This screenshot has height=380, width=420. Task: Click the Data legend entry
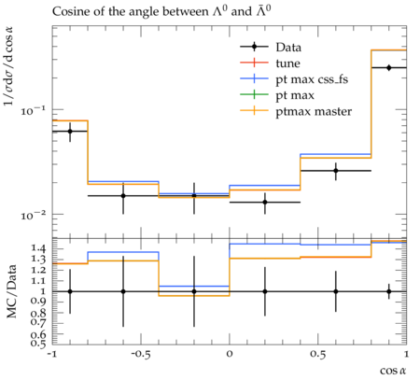pyautogui.click(x=271, y=47)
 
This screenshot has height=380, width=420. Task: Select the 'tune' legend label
pyautogui.click(x=287, y=63)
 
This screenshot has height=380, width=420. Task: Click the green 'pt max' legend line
pyautogui.click(x=254, y=94)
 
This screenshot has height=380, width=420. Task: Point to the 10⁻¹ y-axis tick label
pyautogui.click(x=33, y=110)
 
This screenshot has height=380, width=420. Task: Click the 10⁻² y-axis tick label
pyautogui.click(x=33, y=215)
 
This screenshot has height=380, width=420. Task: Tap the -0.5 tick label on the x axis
pyautogui.click(x=140, y=354)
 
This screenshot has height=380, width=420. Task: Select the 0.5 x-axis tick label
pyautogui.click(x=317, y=354)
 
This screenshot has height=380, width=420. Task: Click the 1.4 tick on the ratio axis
pyautogui.click(x=38, y=248)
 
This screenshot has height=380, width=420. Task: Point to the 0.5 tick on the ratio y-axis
pyautogui.click(x=38, y=344)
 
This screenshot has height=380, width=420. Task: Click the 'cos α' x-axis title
pyautogui.click(x=393, y=371)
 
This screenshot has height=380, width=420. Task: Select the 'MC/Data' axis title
pyautogui.click(x=11, y=291)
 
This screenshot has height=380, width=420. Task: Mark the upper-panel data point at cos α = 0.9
pyautogui.click(x=389, y=67)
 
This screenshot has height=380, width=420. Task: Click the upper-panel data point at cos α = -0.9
pyautogui.click(x=70, y=132)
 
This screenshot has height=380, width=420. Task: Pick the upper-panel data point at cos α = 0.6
pyautogui.click(x=336, y=171)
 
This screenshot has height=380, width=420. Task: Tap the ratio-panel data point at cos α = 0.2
pyautogui.click(x=265, y=291)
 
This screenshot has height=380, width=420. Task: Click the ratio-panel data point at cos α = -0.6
pyautogui.click(x=123, y=291)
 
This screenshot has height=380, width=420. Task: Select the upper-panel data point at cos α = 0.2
pyautogui.click(x=265, y=203)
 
